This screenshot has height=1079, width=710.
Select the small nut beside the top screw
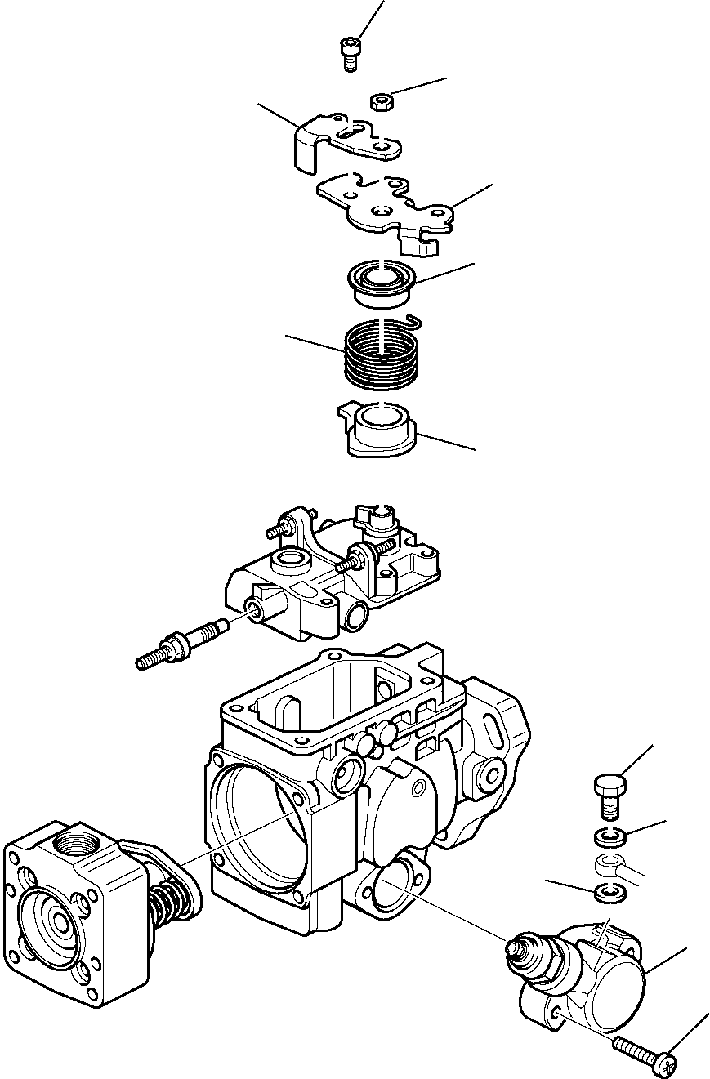coord(382,102)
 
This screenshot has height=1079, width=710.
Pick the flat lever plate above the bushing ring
coord(384,208)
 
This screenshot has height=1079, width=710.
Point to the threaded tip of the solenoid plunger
coord(515,947)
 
